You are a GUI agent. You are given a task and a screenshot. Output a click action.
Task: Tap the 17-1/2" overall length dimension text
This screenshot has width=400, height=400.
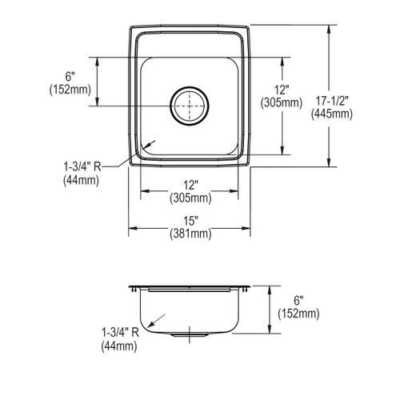pyautogui.click(x=332, y=102)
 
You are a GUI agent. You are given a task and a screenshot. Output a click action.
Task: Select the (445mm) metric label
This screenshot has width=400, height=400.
pyautogui.click(x=332, y=114)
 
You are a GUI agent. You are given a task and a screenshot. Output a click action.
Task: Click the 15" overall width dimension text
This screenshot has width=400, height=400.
pyautogui.click(x=190, y=221)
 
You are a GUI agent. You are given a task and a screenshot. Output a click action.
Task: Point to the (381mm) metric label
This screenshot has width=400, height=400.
pyautogui.click(x=190, y=234)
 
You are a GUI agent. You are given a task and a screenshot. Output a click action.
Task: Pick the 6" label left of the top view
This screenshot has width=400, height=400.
pyautogui.click(x=70, y=77)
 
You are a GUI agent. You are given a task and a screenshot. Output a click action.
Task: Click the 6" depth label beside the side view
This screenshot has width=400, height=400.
pyautogui.click(x=298, y=301)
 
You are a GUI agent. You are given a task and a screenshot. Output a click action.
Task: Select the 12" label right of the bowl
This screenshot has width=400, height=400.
pyautogui.click(x=282, y=90)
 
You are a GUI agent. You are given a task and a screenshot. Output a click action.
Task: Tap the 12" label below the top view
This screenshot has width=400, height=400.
pyautogui.click(x=190, y=186)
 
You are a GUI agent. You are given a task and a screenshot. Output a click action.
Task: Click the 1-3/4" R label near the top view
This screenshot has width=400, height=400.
pyautogui.click(x=82, y=167)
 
